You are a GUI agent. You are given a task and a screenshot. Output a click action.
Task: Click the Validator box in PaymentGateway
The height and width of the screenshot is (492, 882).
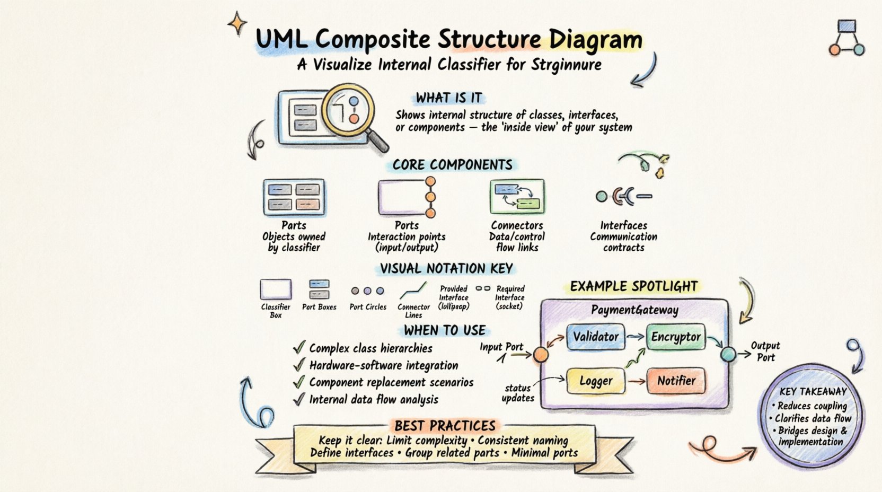[x=595, y=337]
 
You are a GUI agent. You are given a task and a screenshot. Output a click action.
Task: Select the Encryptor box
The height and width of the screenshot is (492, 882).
[x=676, y=337]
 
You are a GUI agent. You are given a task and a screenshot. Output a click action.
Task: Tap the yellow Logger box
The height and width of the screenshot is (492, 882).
[x=596, y=381]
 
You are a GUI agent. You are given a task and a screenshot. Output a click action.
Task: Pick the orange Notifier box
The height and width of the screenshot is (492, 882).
[x=676, y=381]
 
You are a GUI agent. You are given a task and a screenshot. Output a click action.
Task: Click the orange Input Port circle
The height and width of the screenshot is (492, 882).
[x=541, y=355]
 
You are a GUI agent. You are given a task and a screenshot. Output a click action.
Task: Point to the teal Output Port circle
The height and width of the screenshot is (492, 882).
[x=728, y=354]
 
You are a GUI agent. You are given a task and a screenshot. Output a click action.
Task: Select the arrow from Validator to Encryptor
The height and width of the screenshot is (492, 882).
[x=635, y=337]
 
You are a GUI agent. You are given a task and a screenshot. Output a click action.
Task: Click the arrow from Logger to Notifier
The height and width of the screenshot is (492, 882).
[x=636, y=381]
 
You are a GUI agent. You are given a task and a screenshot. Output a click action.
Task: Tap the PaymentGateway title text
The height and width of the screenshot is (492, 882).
[x=634, y=310]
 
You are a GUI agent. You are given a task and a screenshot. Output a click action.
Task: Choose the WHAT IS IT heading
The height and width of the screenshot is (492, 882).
[x=448, y=98]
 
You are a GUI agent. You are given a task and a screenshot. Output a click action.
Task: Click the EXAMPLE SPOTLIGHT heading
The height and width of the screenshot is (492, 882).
[x=634, y=287]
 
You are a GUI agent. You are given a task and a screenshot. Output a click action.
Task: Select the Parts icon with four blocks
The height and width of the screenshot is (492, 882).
[x=294, y=197]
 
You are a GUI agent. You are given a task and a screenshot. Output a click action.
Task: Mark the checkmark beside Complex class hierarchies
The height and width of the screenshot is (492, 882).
[x=299, y=348]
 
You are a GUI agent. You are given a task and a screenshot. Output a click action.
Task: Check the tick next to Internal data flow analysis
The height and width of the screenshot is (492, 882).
[x=299, y=399]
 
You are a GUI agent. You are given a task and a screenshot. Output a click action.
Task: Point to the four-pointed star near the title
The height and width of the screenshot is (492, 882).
[x=237, y=24]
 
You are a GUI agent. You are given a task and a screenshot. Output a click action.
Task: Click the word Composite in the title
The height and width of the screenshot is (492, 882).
[x=373, y=40]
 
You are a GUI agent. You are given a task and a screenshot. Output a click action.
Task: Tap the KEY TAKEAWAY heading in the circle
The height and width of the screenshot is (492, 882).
[x=813, y=392]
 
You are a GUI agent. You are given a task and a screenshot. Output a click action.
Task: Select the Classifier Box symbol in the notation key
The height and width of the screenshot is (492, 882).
[x=276, y=289]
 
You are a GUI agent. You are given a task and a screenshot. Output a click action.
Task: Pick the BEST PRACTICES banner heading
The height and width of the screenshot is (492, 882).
[x=445, y=426]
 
